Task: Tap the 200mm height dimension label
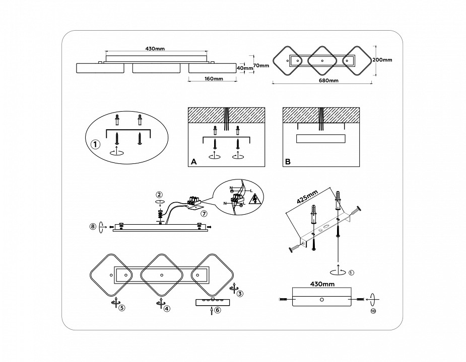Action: click(382, 60)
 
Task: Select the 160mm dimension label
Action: click(214, 79)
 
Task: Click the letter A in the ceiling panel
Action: click(193, 162)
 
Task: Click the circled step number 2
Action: click(159, 194)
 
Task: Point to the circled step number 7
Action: click(204, 213)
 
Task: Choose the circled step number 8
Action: click(93, 226)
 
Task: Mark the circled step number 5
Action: click(121, 308)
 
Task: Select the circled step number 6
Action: click(217, 311)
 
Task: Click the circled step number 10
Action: click(373, 311)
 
